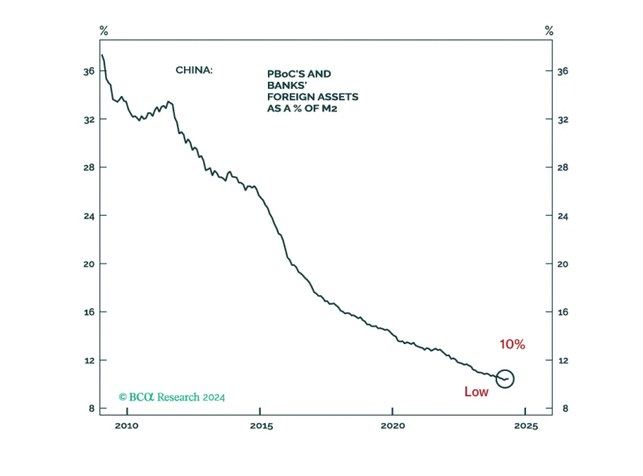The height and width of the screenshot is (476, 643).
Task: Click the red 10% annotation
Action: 512,344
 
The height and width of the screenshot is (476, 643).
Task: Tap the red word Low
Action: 476,392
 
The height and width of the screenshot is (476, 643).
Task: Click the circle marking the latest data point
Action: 505,370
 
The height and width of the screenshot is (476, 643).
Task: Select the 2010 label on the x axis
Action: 126,426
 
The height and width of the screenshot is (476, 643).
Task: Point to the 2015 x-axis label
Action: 261,426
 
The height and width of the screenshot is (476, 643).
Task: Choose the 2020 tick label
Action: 393,426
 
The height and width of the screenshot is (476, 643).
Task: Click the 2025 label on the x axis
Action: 526,426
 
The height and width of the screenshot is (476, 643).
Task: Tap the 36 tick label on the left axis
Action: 89,71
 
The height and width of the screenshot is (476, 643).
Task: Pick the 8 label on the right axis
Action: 565,408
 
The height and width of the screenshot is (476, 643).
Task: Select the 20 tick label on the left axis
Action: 89,264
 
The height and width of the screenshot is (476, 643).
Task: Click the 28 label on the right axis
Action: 563,167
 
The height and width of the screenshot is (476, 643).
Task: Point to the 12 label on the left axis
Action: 89,361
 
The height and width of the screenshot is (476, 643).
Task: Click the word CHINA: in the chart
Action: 194,70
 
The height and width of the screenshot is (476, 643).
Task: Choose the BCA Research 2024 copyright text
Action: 172,397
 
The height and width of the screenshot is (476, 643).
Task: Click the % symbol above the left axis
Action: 104,31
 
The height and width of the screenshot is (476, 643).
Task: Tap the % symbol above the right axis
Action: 549,31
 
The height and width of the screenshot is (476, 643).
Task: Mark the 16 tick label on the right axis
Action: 563,312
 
